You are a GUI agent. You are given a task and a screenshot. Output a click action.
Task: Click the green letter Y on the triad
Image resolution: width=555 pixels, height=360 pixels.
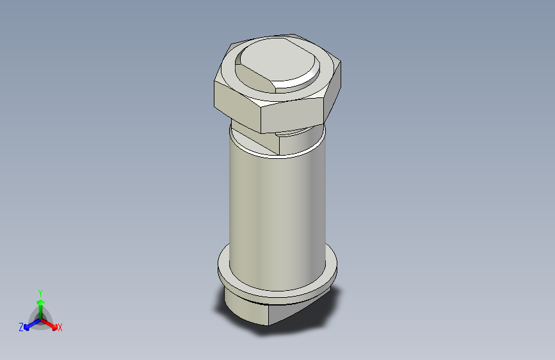point(40,291)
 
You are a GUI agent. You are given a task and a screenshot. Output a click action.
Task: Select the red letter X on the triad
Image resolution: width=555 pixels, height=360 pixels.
point(60,328)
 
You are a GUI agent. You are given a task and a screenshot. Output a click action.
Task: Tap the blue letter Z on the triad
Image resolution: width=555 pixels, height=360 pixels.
point(21,327)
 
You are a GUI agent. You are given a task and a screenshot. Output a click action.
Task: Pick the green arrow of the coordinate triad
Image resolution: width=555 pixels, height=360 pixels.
point(40,304)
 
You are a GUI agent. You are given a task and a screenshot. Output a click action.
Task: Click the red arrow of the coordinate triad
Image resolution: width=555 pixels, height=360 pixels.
point(51,323)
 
